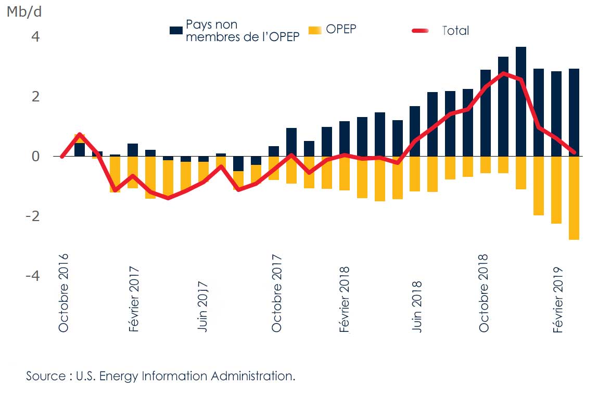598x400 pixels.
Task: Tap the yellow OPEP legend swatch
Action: tap(316, 30)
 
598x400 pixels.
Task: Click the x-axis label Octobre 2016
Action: tap(63, 293)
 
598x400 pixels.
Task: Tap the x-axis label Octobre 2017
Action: tap(275, 293)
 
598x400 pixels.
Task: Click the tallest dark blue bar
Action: tap(521, 101)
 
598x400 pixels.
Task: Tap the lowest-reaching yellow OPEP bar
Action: tap(574, 198)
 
